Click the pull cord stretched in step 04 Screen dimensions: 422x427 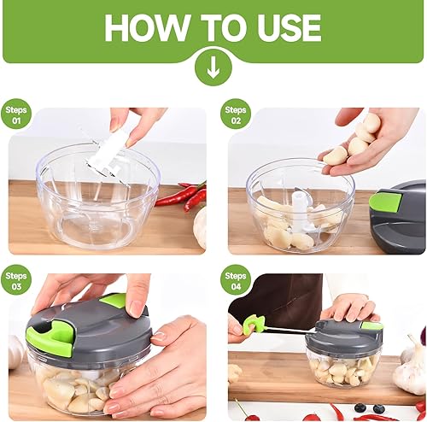(x=286, y=329)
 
